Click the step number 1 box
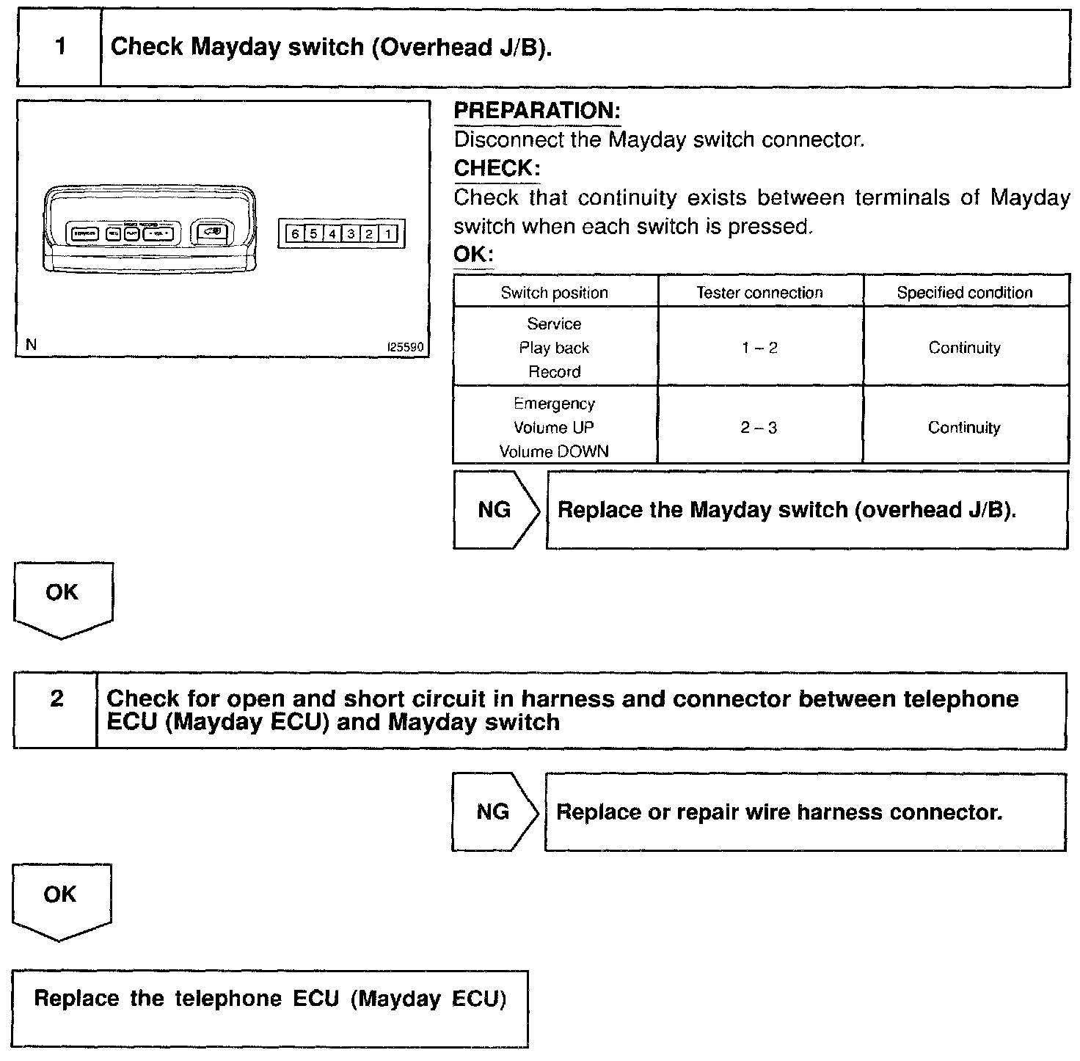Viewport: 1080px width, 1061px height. tap(59, 48)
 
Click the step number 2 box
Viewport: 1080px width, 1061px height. tap(56, 699)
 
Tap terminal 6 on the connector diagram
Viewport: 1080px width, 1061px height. tap(294, 234)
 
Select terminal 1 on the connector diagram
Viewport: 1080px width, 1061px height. tap(388, 234)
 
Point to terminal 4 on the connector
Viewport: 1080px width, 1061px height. tap(332, 234)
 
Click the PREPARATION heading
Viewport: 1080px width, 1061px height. tap(537, 111)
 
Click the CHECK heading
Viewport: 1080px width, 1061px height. tap(497, 168)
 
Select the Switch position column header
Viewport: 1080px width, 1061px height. tap(555, 293)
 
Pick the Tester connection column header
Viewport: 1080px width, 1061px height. tap(759, 293)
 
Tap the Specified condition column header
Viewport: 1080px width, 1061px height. tap(965, 293)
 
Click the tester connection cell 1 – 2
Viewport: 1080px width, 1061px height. tap(759, 348)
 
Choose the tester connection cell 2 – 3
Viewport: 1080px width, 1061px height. tap(759, 427)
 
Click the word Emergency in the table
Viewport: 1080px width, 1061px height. tap(555, 404)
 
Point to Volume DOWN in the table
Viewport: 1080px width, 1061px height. tap(555, 451)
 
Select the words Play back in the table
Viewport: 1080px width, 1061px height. tap(555, 348)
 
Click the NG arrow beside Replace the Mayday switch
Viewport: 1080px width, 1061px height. tap(495, 510)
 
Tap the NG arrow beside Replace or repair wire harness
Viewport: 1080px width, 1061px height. tap(494, 812)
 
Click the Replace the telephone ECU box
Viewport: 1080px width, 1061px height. tap(270, 1008)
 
